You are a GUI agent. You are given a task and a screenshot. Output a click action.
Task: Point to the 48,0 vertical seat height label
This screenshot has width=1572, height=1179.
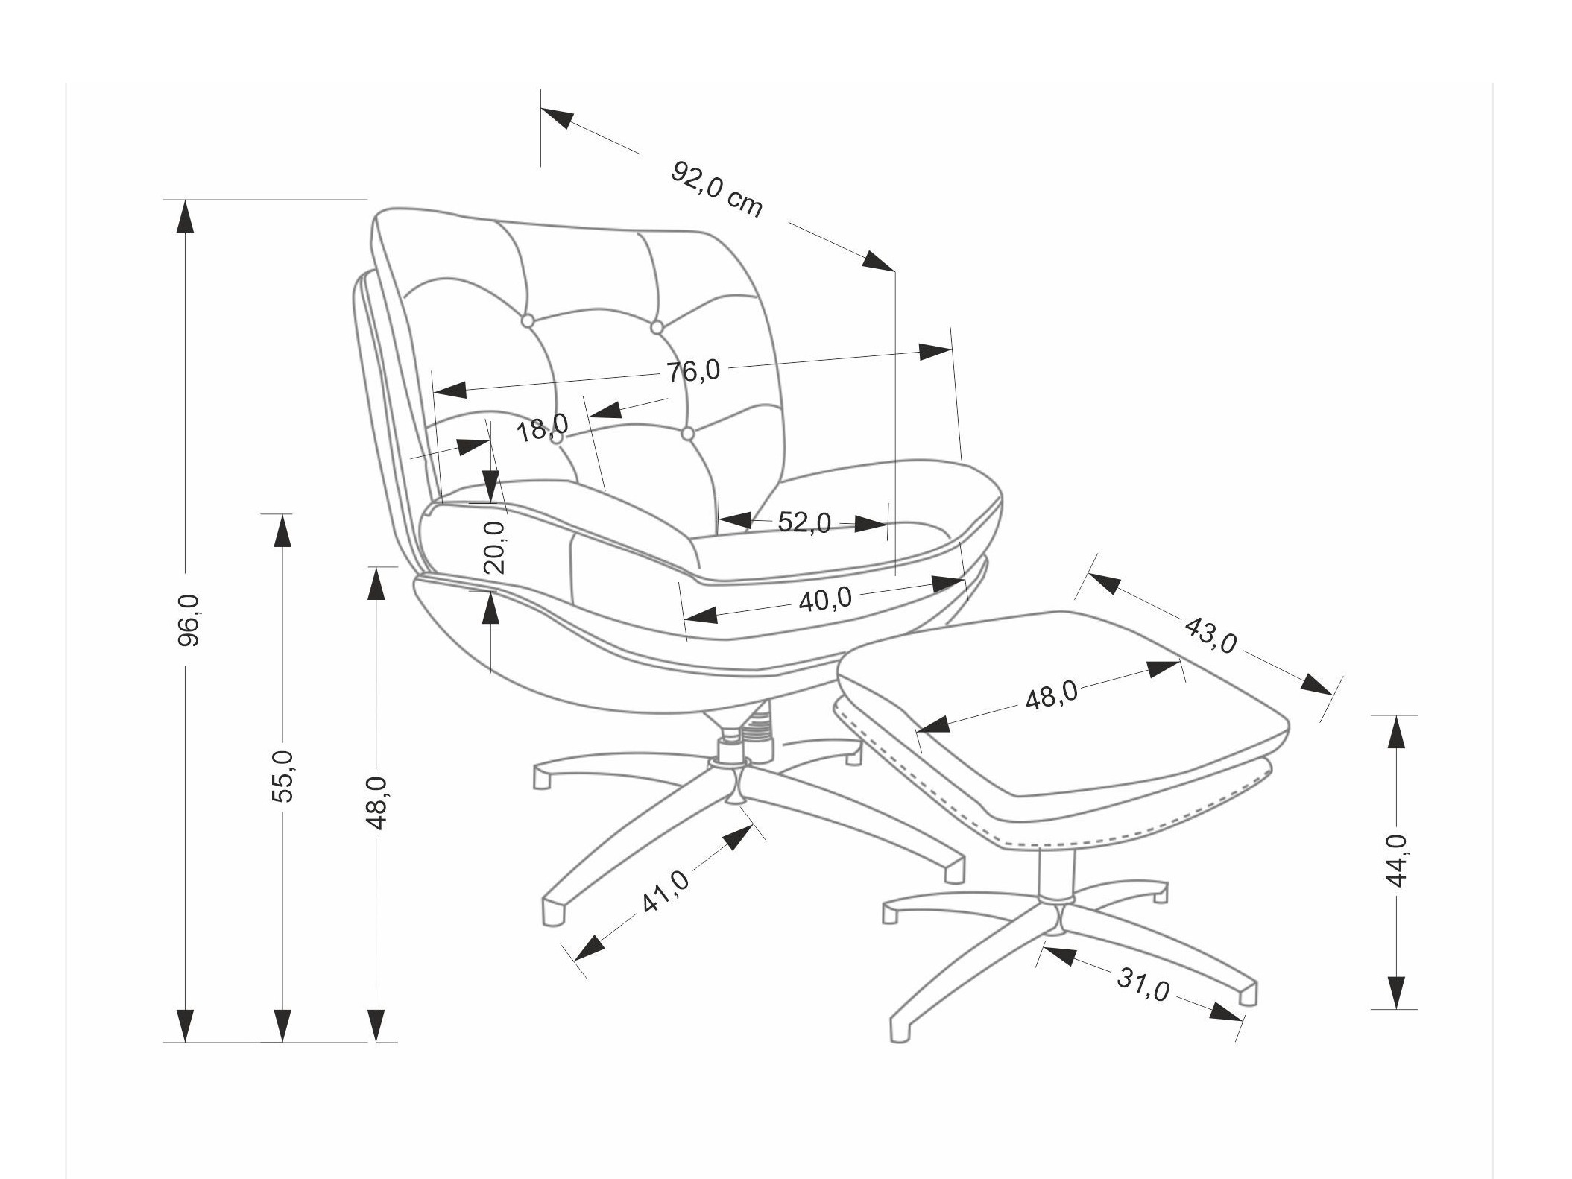377,802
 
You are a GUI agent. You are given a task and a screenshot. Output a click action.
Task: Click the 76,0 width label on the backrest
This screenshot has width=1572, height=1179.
693,370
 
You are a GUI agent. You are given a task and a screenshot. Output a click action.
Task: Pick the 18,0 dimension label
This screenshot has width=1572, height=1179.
542,428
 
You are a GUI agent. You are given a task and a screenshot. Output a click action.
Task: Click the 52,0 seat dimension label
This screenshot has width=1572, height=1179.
804,522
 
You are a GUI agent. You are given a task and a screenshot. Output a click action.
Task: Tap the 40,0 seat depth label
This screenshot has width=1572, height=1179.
824,598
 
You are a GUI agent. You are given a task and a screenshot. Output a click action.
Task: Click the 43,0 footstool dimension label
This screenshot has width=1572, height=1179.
1210,635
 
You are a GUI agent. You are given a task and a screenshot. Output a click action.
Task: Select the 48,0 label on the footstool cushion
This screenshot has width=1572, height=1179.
1051,697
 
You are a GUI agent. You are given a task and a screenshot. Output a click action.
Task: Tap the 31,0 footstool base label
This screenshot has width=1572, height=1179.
1142,984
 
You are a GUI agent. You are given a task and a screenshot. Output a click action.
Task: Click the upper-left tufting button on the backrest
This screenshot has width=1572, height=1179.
527,320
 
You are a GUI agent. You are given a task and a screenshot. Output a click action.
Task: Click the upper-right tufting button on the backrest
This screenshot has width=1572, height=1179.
657,326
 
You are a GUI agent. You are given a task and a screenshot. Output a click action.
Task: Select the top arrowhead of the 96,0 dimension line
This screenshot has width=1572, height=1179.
184,216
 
